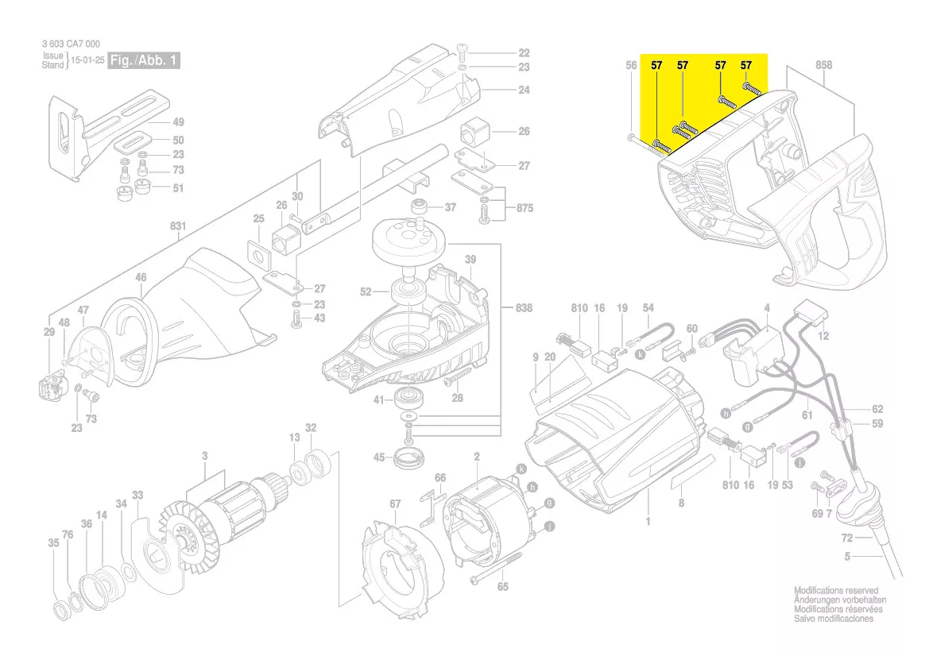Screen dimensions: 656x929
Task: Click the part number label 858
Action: pos(823,65)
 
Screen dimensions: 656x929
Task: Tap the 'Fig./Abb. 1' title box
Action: pos(145,60)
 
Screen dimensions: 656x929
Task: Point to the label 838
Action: pos(524,307)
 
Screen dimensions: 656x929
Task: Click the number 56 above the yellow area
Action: pos(631,65)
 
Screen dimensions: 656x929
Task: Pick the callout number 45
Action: pos(380,457)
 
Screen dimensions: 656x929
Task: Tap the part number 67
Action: pos(395,504)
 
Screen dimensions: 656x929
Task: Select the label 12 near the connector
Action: pos(823,336)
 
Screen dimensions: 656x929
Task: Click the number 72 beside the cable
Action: pos(847,538)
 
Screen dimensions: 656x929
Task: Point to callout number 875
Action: pos(524,209)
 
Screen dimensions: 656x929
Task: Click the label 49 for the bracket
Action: pos(178,122)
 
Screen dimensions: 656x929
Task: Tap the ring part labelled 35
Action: pos(60,611)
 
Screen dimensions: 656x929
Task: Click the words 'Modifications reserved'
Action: pos(836,591)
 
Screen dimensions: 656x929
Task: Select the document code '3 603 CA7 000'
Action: pos(71,44)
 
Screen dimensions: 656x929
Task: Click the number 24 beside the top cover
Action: pos(524,90)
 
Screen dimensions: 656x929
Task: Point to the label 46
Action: pos(141,277)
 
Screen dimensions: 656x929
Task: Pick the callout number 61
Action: pos(807,415)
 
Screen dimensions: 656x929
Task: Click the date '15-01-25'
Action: pos(87,60)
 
